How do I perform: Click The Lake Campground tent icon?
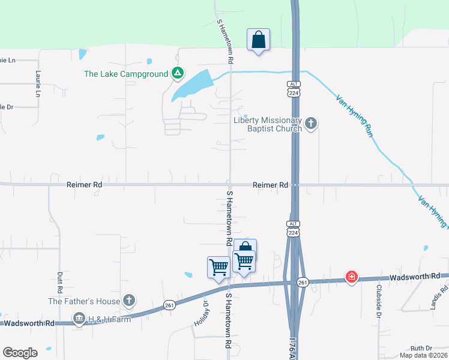point(177,74)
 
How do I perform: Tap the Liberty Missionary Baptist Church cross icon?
point(310,124)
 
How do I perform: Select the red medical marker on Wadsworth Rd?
point(351,277)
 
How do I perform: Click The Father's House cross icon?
point(128,300)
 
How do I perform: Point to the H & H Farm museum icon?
point(79,319)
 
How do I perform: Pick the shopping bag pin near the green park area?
point(258,40)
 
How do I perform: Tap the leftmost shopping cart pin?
point(218,267)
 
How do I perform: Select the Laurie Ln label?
point(38,85)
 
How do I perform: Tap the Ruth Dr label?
point(421,348)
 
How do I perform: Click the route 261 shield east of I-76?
point(303,282)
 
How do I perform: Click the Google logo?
point(20,353)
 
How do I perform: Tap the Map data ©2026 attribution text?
point(423,355)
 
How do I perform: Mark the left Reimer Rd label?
point(84,185)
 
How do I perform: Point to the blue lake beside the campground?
point(192,86)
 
